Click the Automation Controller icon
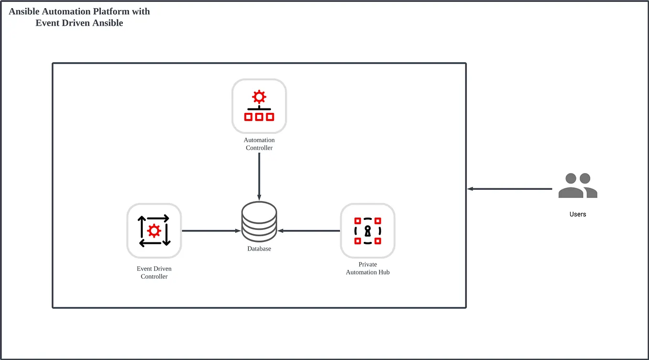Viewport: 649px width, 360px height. click(x=259, y=106)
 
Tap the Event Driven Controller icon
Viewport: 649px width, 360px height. click(x=154, y=231)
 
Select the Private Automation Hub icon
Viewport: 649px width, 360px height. click(x=368, y=231)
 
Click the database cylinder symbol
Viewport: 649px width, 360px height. click(x=259, y=222)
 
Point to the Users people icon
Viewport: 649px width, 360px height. click(x=578, y=186)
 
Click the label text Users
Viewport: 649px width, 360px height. click(x=578, y=214)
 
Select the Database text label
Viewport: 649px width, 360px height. click(x=259, y=249)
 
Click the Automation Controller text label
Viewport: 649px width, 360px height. click(x=259, y=144)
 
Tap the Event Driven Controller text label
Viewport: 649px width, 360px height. click(x=154, y=273)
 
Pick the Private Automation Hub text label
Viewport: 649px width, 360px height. click(x=368, y=268)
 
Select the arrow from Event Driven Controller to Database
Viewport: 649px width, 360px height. click(x=210, y=231)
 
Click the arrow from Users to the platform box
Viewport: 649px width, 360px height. click(x=509, y=189)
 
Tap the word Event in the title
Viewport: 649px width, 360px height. click(x=48, y=23)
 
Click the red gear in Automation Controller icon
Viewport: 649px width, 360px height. click(x=259, y=98)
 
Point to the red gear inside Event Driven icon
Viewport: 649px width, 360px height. click(x=154, y=231)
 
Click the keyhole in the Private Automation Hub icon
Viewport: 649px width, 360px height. click(x=368, y=231)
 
